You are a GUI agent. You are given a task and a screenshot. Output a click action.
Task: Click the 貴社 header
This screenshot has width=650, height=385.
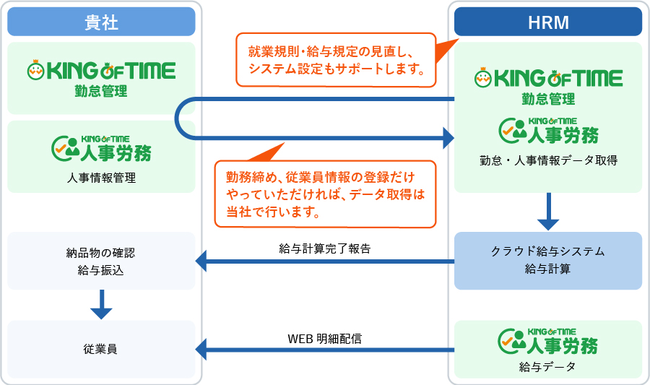click(101, 22)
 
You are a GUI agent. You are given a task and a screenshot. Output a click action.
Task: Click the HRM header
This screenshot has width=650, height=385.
click(548, 22)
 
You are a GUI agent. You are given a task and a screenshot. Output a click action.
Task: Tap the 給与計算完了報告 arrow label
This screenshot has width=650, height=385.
click(324, 248)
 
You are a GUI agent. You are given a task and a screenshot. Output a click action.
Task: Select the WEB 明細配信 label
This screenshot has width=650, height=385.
click(324, 339)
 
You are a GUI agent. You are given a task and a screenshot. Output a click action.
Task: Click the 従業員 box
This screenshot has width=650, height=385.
click(101, 349)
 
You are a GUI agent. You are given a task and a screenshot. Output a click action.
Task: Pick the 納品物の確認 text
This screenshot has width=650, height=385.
click(100, 253)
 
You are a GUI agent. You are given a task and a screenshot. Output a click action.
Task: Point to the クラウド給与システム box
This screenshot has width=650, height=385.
click(548, 261)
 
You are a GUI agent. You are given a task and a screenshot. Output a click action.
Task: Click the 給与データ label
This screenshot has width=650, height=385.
click(547, 367)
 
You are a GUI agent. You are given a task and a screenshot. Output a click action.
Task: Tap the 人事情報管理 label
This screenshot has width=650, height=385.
click(101, 178)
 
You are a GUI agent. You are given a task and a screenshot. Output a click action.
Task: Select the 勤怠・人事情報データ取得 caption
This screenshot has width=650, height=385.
click(548, 160)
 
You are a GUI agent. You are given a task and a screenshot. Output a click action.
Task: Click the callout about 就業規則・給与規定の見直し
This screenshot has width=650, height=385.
click(336, 60)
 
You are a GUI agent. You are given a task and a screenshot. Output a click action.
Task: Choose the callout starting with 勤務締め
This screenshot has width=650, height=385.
click(326, 194)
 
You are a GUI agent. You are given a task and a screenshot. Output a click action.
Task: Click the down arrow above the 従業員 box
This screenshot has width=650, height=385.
click(101, 305)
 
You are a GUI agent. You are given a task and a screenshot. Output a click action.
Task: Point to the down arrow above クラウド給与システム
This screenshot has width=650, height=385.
click(548, 212)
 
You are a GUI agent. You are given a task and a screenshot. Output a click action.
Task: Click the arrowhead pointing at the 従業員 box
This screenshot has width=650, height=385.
click(201, 350)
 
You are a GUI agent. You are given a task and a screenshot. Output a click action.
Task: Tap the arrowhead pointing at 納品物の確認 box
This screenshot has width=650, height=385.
click(201, 261)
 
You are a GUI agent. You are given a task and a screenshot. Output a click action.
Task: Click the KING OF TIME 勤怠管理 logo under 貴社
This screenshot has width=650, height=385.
click(101, 78)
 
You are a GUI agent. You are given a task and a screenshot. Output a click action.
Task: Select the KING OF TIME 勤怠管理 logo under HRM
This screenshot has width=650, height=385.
click(548, 86)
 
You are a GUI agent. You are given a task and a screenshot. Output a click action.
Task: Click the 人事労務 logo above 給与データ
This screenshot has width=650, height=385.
click(547, 341)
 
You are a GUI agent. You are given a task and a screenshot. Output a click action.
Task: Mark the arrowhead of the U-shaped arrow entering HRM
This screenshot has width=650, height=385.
click(449, 137)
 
